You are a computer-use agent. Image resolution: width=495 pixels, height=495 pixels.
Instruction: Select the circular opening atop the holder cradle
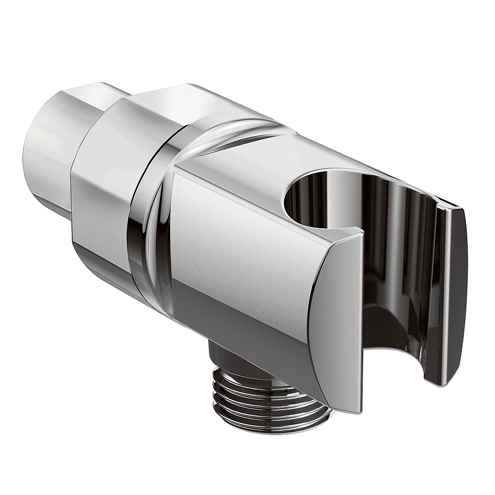[322, 198]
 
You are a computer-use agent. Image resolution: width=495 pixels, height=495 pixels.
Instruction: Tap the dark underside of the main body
[247, 337]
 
